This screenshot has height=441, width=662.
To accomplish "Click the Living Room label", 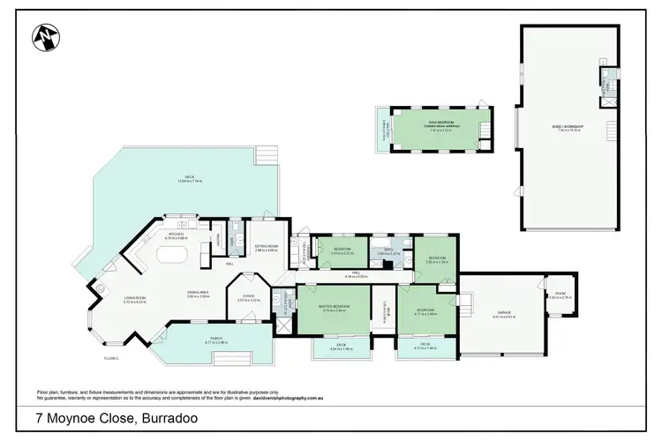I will pos(109,301).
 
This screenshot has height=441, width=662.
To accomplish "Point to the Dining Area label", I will pos(198,295).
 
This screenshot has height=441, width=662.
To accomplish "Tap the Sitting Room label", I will pos(266,249).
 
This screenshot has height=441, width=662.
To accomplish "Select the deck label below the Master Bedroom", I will pos(335,348).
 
